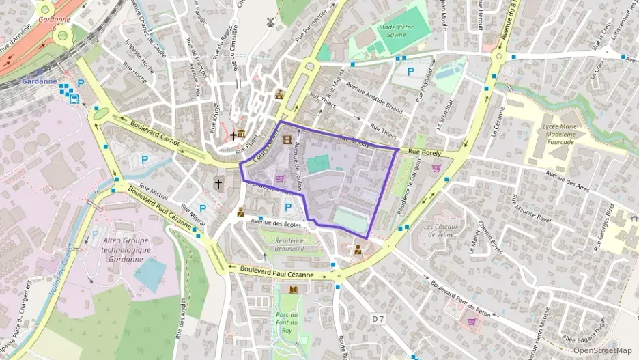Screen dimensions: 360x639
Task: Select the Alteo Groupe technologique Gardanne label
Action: tap(124, 250)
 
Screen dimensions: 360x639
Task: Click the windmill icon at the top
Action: tap(271, 21)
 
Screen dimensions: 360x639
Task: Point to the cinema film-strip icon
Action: tap(287, 139)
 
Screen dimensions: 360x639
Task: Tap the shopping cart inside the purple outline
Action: tap(280, 179)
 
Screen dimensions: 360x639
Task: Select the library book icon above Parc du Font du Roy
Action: tap(294, 290)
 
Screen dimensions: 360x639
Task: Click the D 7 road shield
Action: tap(378, 318)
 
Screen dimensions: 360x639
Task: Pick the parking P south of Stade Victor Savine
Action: tap(410, 70)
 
